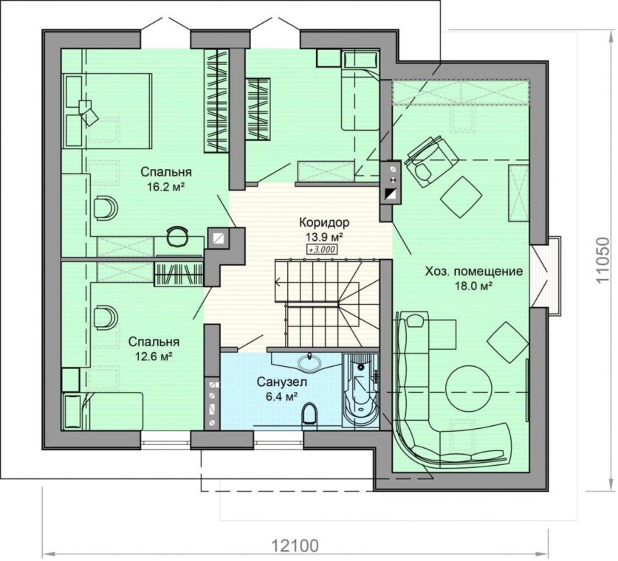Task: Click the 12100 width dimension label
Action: [x=295, y=546]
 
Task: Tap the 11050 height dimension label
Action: [x=602, y=260]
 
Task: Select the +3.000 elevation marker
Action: [x=322, y=249]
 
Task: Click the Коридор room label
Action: [x=324, y=222]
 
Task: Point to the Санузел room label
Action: [x=282, y=382]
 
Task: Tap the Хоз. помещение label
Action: [x=474, y=272]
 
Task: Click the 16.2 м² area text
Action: [x=166, y=186]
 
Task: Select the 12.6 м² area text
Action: [x=154, y=357]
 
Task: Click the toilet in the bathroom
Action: [x=309, y=414]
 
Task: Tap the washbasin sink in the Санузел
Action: [x=310, y=361]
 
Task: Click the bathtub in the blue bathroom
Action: [x=360, y=390]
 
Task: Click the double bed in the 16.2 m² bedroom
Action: [x=107, y=111]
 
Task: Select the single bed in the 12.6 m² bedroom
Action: [x=103, y=411]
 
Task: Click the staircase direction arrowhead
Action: [x=278, y=282]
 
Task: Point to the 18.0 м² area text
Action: [x=474, y=286]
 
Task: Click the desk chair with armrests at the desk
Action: [x=177, y=237]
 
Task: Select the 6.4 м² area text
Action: [x=281, y=396]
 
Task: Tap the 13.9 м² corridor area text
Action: [x=323, y=237]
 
